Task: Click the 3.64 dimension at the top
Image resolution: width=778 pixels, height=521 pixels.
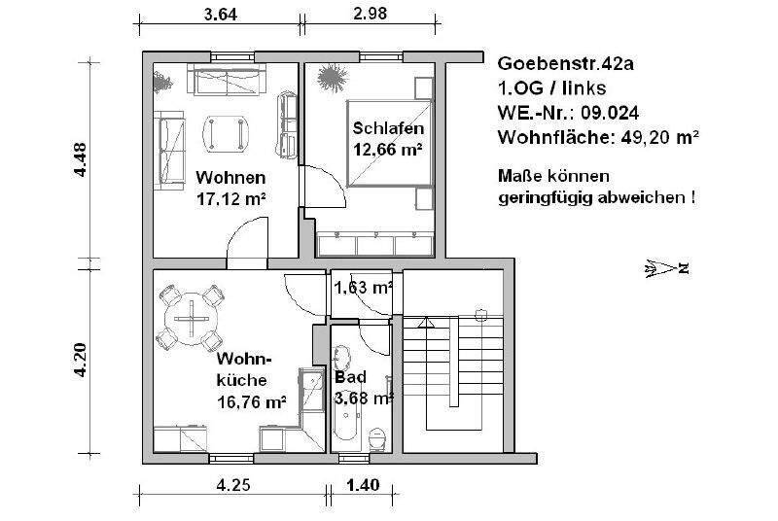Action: pos(218,14)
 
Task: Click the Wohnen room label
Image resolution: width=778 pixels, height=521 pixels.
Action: pos(231,178)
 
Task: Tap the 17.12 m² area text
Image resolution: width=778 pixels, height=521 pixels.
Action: pos(231,198)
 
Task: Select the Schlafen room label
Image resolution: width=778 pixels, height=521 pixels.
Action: pos(387,129)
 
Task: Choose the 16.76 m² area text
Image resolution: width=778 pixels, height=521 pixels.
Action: pos(251,399)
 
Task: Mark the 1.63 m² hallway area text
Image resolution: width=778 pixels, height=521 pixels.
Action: pos(363,288)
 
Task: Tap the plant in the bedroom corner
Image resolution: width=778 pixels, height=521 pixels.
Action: pos(331,75)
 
